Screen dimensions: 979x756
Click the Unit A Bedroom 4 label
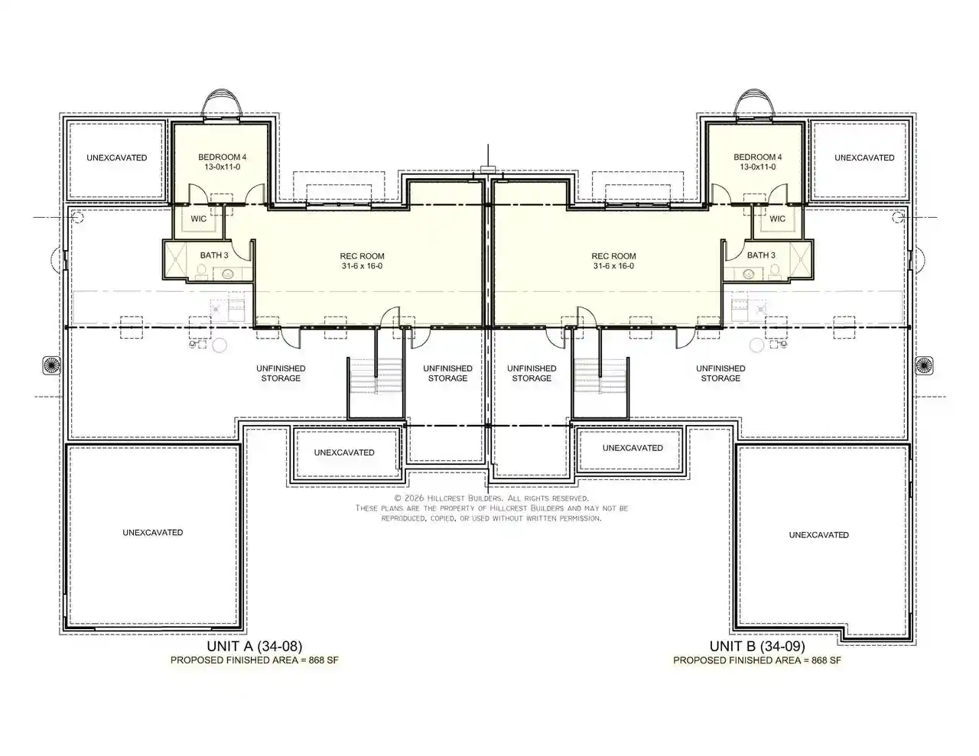[x=222, y=157]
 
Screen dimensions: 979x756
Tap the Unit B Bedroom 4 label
[x=757, y=157]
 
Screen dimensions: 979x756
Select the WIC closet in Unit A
[x=198, y=219]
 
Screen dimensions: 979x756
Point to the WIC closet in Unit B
[x=777, y=219]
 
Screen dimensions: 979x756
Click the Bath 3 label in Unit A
[x=214, y=255]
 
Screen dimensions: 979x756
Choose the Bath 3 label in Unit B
[x=761, y=255]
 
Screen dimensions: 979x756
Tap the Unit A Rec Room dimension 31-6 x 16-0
[x=362, y=266]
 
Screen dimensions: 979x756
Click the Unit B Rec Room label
[x=613, y=256]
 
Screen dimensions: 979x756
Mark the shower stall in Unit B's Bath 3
[x=801, y=259]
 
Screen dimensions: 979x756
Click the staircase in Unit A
[x=376, y=375]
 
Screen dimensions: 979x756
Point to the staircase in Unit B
[x=600, y=375]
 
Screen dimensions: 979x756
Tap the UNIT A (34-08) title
[x=255, y=646]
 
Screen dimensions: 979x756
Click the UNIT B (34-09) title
[x=757, y=646]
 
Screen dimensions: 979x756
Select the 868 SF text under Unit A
[x=323, y=660]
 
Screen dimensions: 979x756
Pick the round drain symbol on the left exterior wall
[x=51, y=365]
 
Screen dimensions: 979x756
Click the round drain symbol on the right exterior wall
[x=925, y=365]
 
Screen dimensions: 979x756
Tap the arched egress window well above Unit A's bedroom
[x=222, y=89]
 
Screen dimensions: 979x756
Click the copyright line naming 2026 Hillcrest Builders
[x=491, y=498]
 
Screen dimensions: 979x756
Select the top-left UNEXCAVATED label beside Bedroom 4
[x=117, y=158]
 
